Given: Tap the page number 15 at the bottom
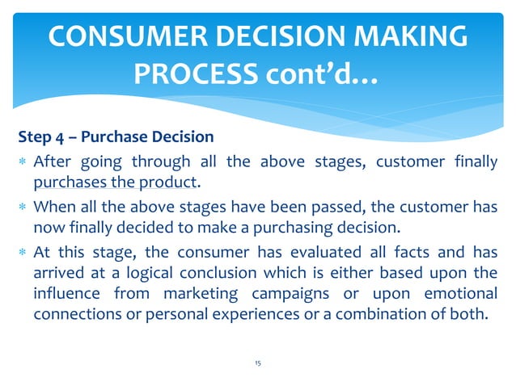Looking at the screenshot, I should pos(256,364).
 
